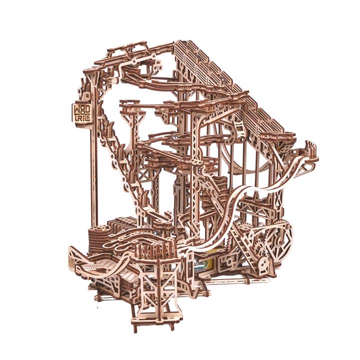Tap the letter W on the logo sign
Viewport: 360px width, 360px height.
coord(77,108)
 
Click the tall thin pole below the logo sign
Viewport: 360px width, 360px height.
coord(92,175)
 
